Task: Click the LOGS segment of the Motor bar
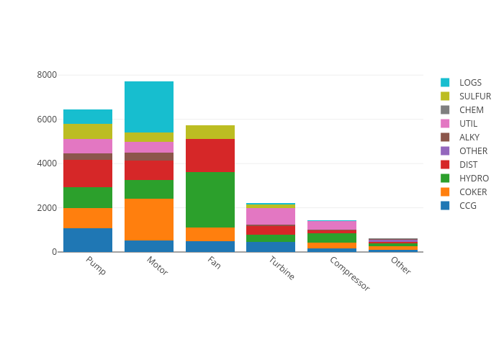tap(149, 107)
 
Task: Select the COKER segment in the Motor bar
tap(149, 219)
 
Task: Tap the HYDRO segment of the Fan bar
tap(210, 199)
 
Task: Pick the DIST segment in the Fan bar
tap(210, 156)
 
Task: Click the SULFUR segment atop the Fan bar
tap(210, 132)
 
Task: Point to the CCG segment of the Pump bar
tap(88, 240)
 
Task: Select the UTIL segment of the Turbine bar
tap(271, 216)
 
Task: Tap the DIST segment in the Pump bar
tap(88, 174)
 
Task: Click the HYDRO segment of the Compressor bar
tap(332, 238)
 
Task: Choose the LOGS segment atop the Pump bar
tap(88, 117)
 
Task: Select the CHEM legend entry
tap(472, 110)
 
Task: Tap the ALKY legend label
tap(469, 138)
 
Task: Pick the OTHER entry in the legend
tap(473, 151)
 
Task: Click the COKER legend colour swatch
tap(445, 192)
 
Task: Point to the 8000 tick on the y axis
tap(47, 75)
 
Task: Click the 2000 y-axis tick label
tap(47, 208)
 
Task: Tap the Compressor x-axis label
tap(349, 274)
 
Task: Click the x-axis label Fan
tap(214, 263)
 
